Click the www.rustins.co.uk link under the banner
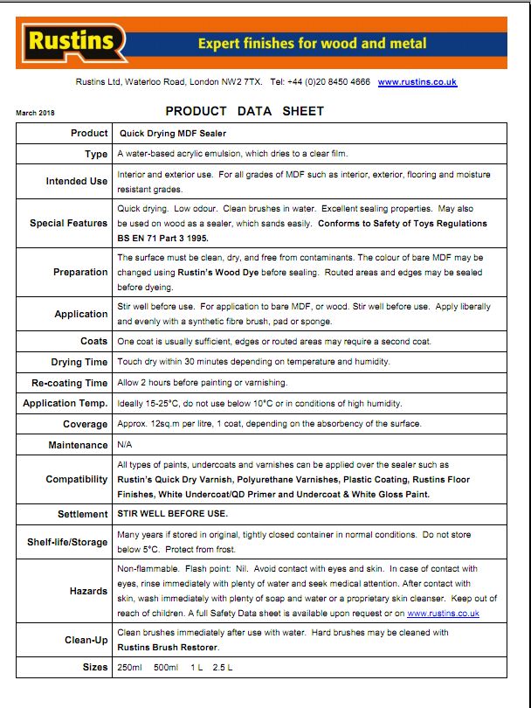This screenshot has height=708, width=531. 417,82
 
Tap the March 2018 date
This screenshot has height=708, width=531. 35,113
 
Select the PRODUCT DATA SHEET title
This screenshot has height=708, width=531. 245,111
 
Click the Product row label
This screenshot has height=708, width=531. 89,133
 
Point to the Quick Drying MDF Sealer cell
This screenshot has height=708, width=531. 172,133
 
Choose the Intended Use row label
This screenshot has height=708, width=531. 77,181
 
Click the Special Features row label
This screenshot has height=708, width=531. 69,223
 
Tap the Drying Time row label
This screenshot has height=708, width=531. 79,362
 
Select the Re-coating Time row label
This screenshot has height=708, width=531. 70,383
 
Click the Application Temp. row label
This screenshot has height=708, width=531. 66,404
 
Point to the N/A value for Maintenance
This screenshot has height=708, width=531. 125,445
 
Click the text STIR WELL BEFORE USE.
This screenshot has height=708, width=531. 172,513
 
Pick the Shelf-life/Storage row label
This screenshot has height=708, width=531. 67,542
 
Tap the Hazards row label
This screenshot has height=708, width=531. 88,591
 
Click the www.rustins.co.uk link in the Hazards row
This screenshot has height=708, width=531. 444,614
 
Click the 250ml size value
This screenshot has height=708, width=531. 129,668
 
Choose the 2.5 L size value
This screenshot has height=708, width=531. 223,668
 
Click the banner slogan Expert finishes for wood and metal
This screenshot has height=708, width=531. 313,43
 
